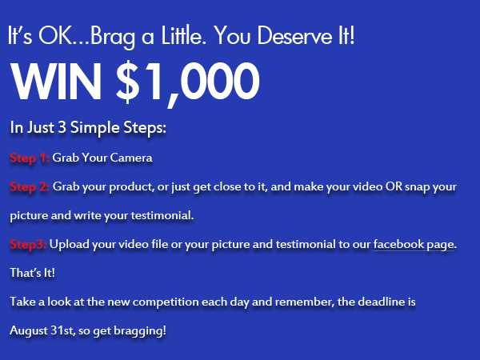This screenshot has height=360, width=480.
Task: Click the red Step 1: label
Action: tap(30, 158)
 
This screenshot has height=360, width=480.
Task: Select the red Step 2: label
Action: tap(30, 186)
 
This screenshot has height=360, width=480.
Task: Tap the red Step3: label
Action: tap(28, 244)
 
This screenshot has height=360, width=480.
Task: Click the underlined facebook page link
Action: tap(414, 244)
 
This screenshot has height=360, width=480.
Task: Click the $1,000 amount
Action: tap(188, 82)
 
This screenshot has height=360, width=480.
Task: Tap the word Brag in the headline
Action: tap(113, 37)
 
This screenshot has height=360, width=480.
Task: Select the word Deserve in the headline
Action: tap(294, 35)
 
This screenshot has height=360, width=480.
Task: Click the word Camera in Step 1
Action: tap(131, 158)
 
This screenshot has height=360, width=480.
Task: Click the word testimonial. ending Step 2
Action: tap(162, 215)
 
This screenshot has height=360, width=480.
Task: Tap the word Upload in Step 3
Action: tap(69, 244)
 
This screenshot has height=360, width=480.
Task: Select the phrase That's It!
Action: tap(33, 273)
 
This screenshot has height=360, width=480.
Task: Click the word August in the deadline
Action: tap(29, 330)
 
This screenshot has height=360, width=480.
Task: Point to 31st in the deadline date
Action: tap(62, 330)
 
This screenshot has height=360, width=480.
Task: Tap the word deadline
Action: tap(381, 302)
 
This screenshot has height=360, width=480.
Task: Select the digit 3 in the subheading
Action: tap(62, 127)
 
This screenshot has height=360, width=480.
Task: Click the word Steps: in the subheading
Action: tap(145, 127)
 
